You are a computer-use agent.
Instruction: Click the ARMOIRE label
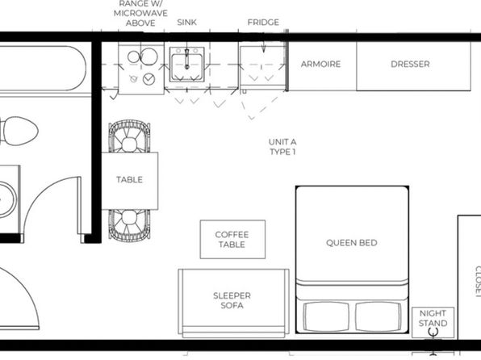tap(320, 64)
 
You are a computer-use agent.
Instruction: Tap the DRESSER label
tap(410, 64)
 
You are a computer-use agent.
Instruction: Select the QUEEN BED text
tap(352, 243)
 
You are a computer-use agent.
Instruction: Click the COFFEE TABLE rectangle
tap(232, 240)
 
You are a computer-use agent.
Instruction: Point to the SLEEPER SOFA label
tap(232, 300)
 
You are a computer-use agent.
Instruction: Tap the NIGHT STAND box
tap(433, 322)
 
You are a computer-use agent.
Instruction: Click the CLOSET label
tap(478, 282)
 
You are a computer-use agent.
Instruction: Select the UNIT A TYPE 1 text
tap(282, 147)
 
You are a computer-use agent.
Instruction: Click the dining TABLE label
tap(129, 179)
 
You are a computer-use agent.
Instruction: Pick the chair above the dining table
tap(129, 136)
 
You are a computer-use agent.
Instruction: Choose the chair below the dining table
tap(129, 225)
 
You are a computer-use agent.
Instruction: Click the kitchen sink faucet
tap(186, 59)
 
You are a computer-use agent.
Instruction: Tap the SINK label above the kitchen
tap(186, 23)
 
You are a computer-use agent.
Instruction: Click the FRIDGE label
tap(263, 23)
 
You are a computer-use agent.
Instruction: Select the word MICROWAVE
tap(140, 14)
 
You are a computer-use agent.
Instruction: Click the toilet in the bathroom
tap(19, 131)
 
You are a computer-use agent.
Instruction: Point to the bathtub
tap(43, 69)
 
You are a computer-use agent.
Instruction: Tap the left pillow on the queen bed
tap(326, 316)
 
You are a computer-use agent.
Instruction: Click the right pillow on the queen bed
tap(379, 316)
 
